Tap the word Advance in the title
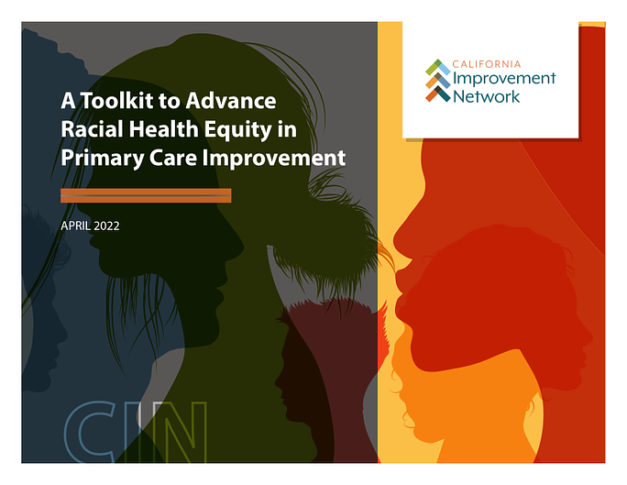(x=231, y=100)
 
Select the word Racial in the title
(x=92, y=129)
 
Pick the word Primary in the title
(x=103, y=159)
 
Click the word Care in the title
(x=173, y=158)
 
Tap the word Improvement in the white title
(x=274, y=159)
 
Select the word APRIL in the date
(x=75, y=226)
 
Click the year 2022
(x=106, y=226)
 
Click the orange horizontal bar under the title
(x=146, y=195)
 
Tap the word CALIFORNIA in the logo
(x=486, y=64)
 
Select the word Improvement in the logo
(x=504, y=79)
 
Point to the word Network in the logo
(x=486, y=96)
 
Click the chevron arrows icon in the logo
(x=437, y=81)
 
